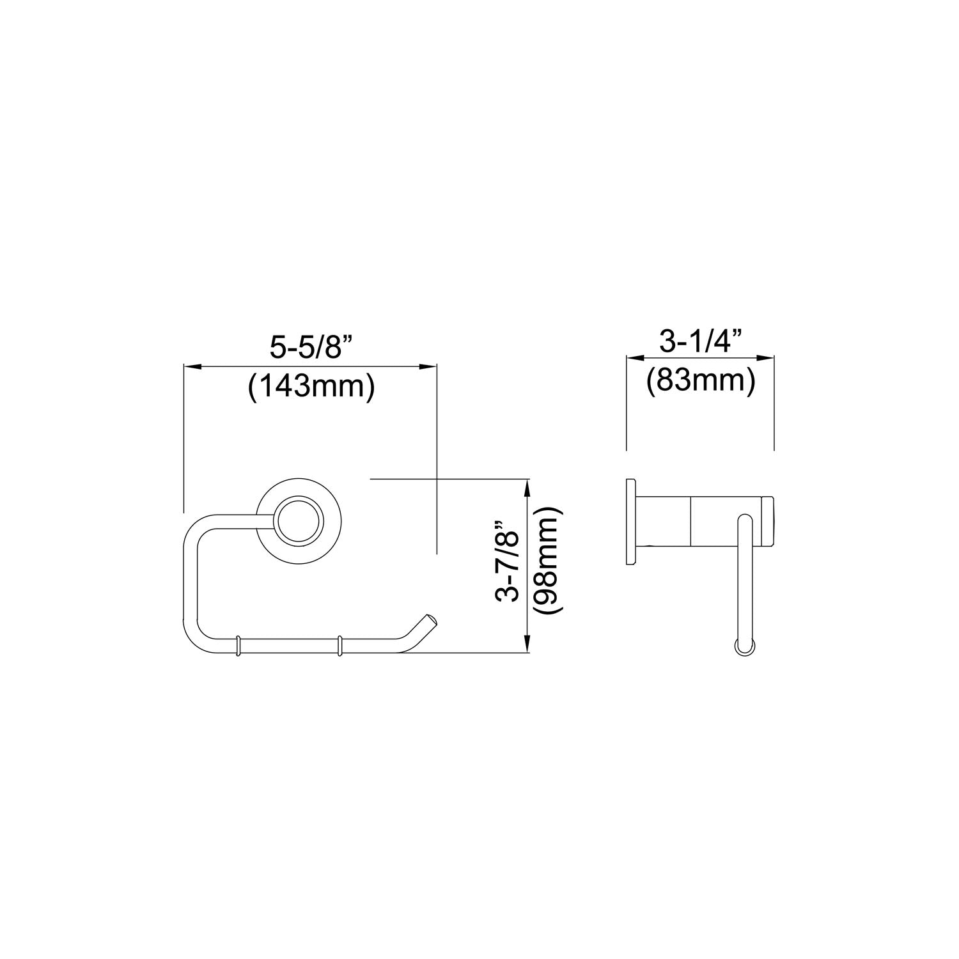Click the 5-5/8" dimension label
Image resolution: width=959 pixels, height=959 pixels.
[311, 348]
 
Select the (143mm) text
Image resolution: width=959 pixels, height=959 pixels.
[311, 387]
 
